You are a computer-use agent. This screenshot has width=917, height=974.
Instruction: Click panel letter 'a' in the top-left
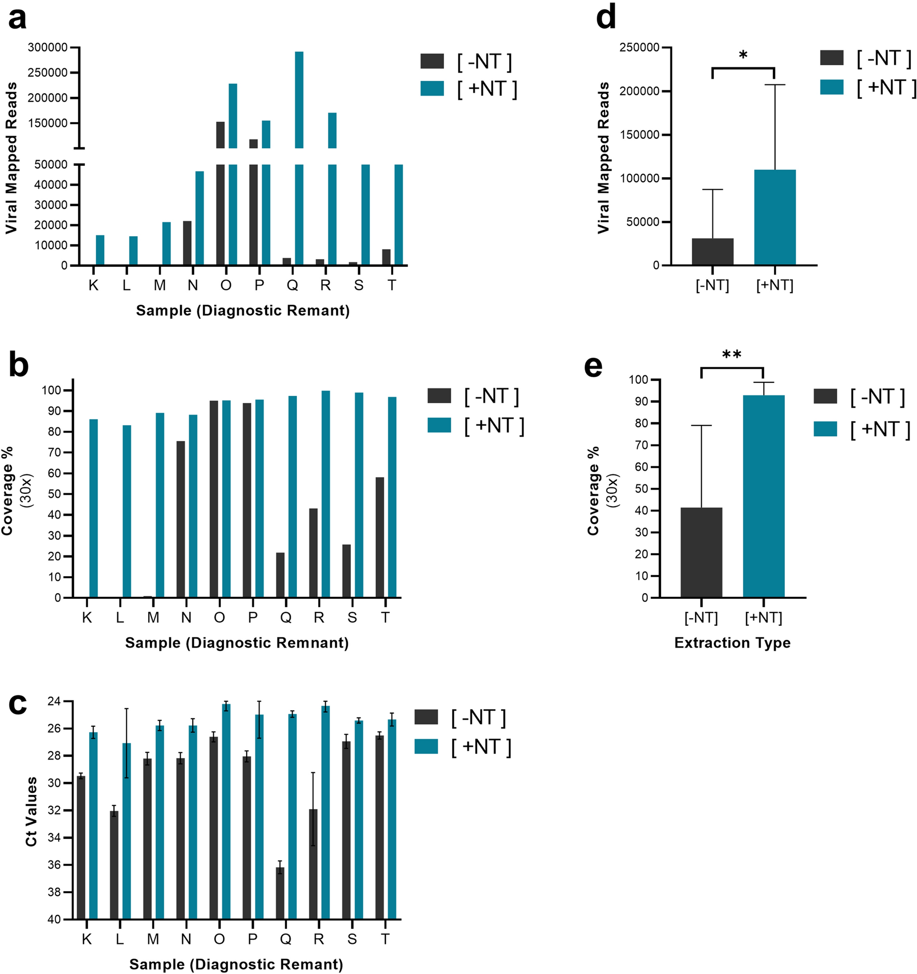(x=17, y=20)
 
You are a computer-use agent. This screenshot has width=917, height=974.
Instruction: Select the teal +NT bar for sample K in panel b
(x=94, y=508)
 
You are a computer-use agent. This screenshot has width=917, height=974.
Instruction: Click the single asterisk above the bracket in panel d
(x=743, y=55)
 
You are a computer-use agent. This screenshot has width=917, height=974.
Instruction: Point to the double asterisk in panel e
(x=732, y=355)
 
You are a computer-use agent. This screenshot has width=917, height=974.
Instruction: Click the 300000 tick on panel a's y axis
(x=48, y=48)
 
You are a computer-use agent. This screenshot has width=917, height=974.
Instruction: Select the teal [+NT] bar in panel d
(x=775, y=218)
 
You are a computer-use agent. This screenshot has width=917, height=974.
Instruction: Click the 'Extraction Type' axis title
(x=732, y=643)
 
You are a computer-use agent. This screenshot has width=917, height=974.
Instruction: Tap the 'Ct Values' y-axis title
(x=31, y=811)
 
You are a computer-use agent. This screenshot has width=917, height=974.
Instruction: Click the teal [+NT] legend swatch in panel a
(x=432, y=89)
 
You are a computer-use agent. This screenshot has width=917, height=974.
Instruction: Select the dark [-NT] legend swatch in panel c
(x=426, y=717)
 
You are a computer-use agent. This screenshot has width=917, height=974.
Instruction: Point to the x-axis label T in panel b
(x=385, y=618)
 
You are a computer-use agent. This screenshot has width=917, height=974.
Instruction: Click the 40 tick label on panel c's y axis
(x=54, y=920)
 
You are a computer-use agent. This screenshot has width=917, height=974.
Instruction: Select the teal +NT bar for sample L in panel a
(x=133, y=251)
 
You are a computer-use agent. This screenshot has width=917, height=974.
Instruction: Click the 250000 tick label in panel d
(x=639, y=48)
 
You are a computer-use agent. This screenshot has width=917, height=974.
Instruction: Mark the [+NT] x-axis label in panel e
(x=763, y=618)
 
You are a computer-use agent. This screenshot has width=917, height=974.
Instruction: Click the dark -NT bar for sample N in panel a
(x=187, y=243)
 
